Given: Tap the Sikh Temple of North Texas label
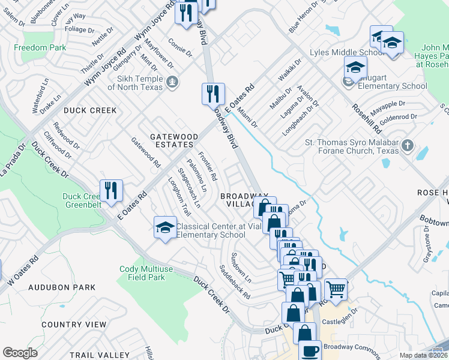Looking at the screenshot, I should click(x=135, y=83).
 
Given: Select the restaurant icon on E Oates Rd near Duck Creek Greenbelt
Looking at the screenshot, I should click(x=111, y=191).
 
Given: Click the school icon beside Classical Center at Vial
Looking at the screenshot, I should click(x=165, y=227).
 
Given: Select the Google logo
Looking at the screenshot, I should click(x=20, y=353).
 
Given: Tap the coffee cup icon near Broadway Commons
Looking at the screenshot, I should click(x=310, y=351).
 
